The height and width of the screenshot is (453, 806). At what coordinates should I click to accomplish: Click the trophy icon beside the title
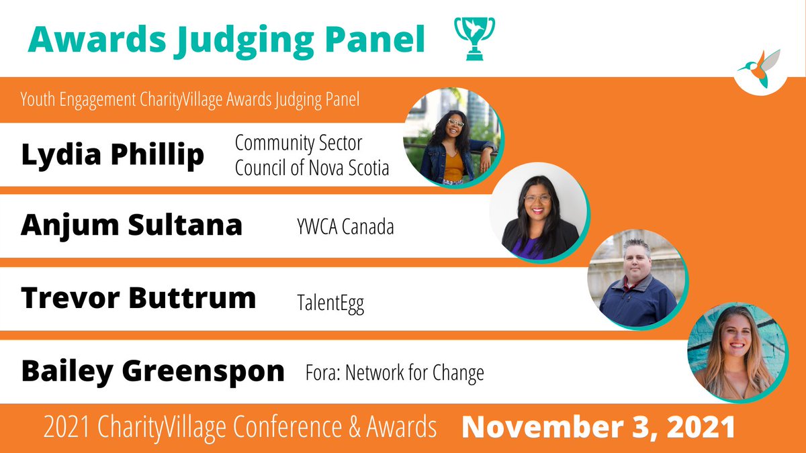475,38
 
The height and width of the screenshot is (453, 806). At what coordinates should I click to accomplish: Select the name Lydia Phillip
112,155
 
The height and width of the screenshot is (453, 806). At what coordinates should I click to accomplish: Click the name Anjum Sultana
131,225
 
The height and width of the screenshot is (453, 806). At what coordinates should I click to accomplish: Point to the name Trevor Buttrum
138,297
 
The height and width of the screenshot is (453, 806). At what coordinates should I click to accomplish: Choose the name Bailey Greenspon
152,370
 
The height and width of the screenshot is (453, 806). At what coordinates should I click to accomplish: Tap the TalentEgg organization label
331,304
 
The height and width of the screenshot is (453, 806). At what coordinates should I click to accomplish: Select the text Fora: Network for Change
394,372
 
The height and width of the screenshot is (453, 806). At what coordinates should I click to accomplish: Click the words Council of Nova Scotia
312,167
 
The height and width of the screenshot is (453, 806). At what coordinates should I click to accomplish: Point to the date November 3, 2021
598,427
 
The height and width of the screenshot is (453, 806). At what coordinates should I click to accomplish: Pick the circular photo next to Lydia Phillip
452,137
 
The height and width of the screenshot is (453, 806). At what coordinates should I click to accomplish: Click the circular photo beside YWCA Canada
540,212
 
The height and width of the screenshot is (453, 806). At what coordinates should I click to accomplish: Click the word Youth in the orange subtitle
38,100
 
